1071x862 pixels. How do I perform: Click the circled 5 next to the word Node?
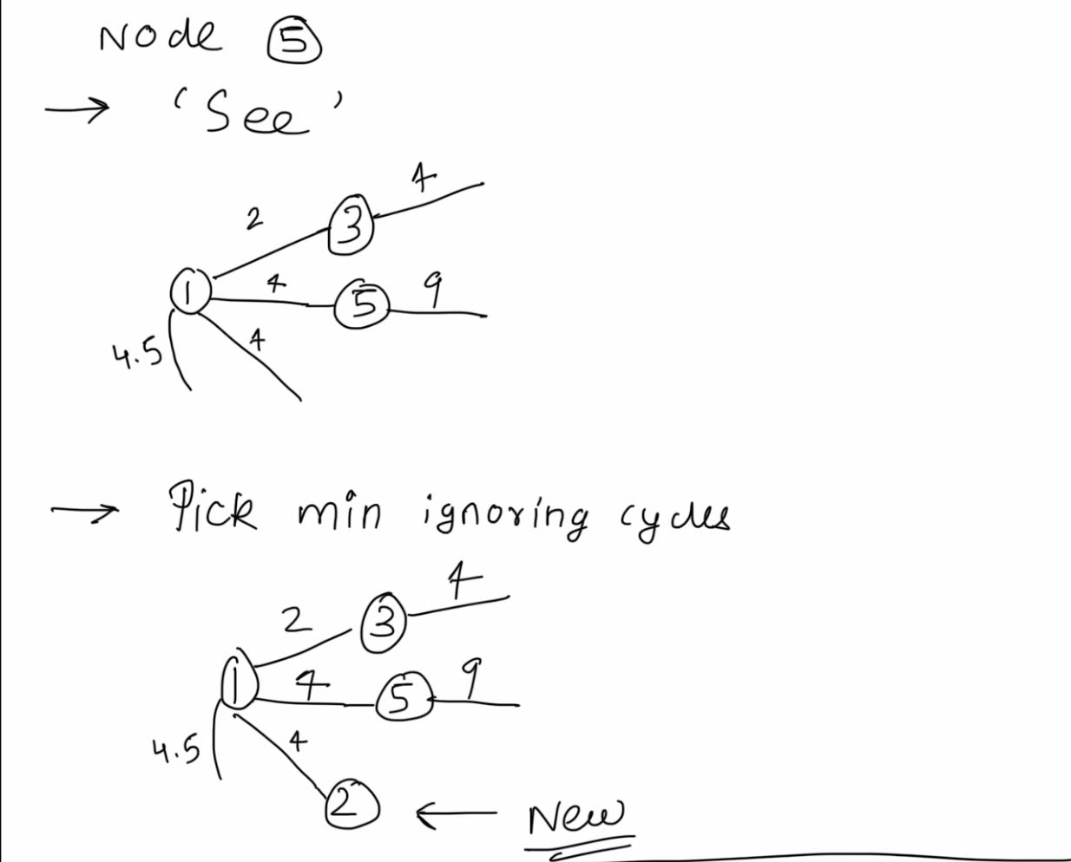[x=294, y=43]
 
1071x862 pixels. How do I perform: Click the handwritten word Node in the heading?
[x=161, y=36]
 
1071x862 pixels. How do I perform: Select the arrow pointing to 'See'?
[x=77, y=109]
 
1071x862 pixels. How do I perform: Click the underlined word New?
[x=575, y=816]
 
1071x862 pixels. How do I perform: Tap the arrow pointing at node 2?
[x=457, y=814]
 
